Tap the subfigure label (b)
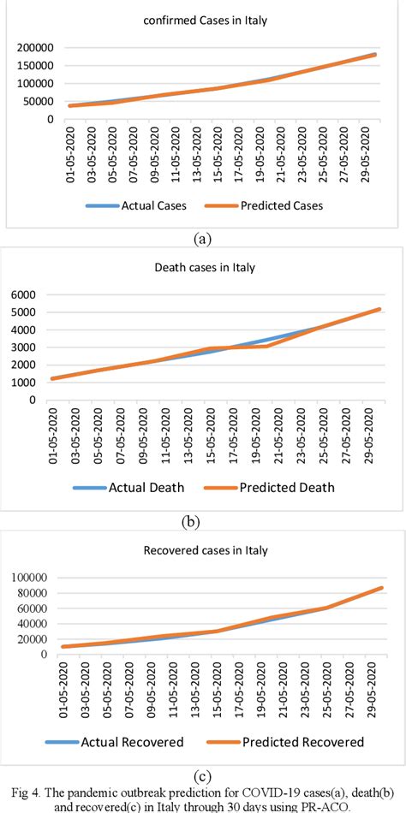(x=202, y=520)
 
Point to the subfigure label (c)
(x=202, y=776)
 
